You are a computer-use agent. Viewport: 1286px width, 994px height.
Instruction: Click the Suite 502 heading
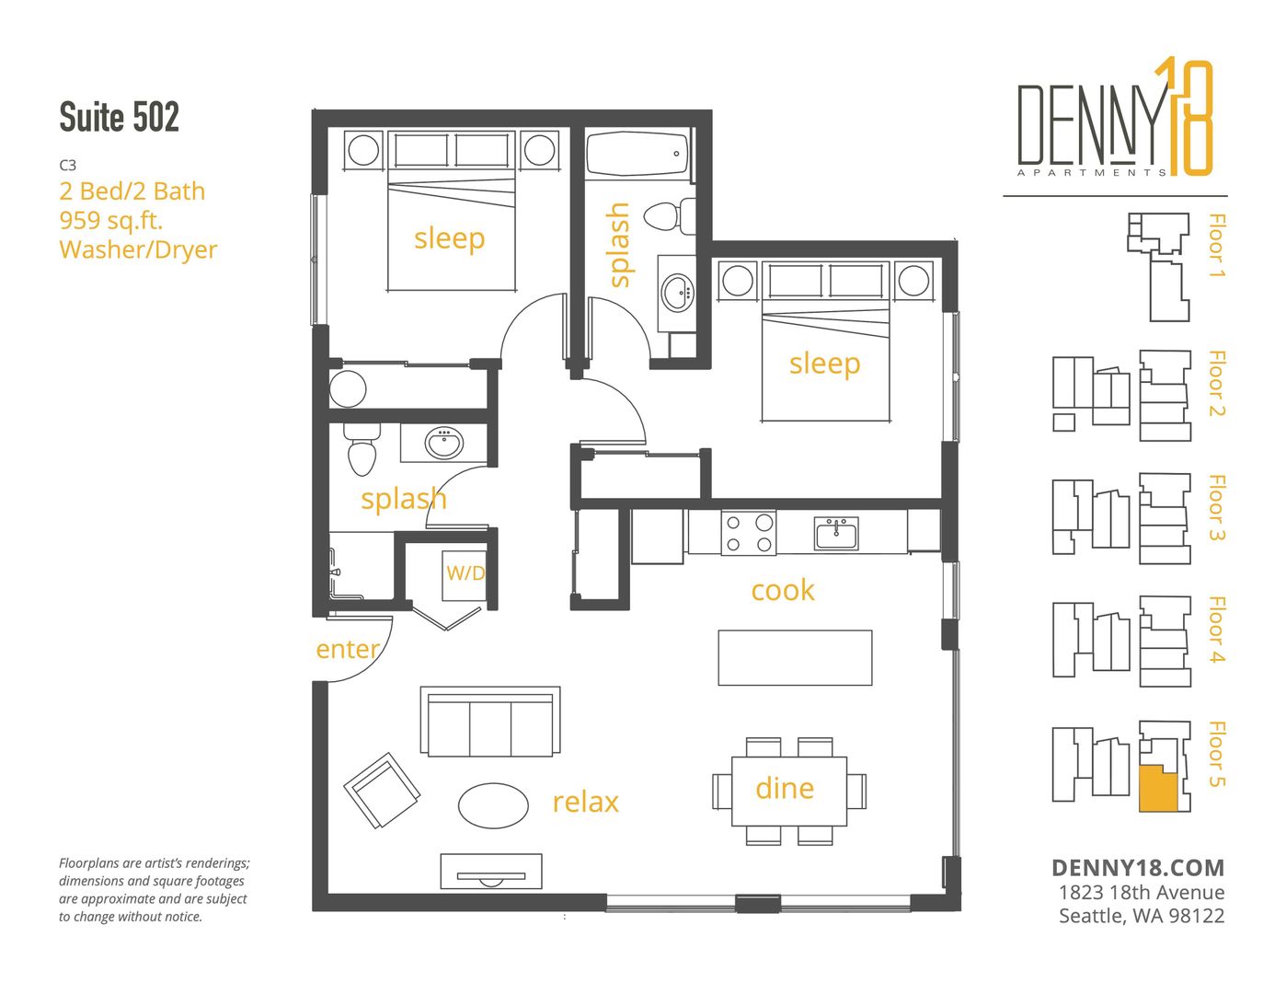(119, 117)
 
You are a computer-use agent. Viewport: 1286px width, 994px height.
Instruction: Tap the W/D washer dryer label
(465, 572)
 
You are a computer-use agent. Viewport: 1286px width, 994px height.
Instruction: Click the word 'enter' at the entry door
(348, 650)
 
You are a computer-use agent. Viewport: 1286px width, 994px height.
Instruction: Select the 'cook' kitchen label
(783, 590)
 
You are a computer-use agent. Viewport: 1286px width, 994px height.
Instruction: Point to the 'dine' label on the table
(785, 788)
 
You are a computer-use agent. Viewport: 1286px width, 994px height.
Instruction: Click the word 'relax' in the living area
(585, 802)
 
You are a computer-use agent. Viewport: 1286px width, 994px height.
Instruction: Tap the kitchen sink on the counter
(835, 533)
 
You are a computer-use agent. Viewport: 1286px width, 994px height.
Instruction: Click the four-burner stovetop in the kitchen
(748, 533)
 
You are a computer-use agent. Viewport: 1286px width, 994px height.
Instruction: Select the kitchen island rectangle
(795, 658)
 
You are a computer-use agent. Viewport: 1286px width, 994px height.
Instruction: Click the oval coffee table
(493, 805)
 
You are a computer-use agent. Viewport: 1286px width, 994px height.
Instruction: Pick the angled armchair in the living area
(382, 790)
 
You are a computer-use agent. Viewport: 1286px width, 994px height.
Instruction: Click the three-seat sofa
(490, 721)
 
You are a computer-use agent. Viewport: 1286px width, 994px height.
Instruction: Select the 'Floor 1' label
(1216, 245)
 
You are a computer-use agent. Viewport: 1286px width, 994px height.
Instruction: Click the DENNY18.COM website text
(1138, 868)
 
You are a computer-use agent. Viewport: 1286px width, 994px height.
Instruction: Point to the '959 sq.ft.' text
(110, 220)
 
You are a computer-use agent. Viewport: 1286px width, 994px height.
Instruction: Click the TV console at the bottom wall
(490, 871)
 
